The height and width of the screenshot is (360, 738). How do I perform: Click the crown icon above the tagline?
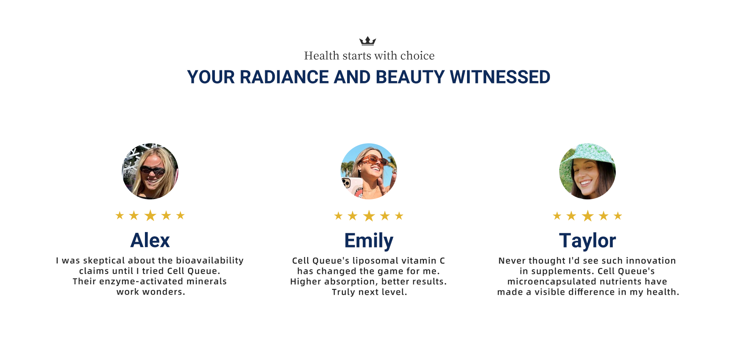pyautogui.click(x=367, y=41)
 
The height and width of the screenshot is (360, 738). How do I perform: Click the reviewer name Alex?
pyautogui.click(x=150, y=241)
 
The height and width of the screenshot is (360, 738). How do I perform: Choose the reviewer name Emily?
pyautogui.click(x=369, y=241)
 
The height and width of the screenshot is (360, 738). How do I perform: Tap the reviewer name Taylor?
pyautogui.click(x=587, y=241)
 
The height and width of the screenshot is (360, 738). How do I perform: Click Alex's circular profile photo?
pyautogui.click(x=150, y=171)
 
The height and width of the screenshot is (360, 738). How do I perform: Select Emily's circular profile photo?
pyautogui.click(x=369, y=171)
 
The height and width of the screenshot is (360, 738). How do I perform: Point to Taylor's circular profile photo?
pyautogui.click(x=587, y=171)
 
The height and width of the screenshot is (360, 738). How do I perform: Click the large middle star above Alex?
pyautogui.click(x=150, y=216)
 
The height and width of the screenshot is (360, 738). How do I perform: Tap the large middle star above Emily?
pyautogui.click(x=369, y=216)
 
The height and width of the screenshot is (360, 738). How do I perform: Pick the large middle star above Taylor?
pyautogui.click(x=588, y=216)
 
